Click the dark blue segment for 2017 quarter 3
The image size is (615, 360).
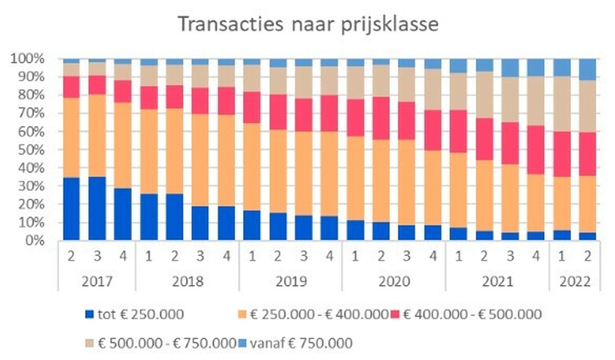click(97, 208)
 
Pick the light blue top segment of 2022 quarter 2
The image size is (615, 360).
click(587, 69)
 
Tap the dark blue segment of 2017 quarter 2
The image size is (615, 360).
click(72, 209)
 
